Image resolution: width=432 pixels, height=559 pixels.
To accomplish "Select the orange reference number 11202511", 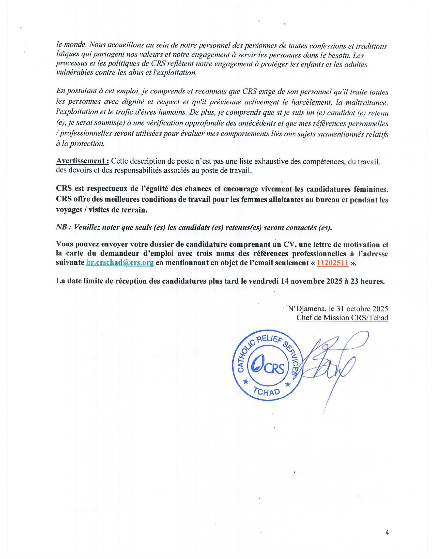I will [x=332, y=263].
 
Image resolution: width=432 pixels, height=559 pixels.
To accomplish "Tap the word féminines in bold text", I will [x=371, y=189].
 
